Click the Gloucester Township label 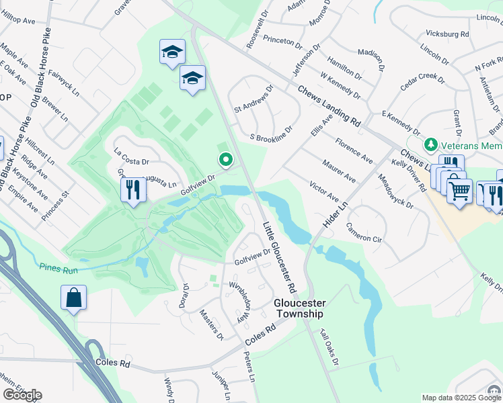click(299, 308)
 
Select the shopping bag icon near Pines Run click(73, 298)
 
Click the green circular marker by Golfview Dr click(226, 160)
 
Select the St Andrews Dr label click(254, 98)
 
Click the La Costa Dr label click(131, 156)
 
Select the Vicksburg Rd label click(447, 34)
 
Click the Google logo click(22, 394)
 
